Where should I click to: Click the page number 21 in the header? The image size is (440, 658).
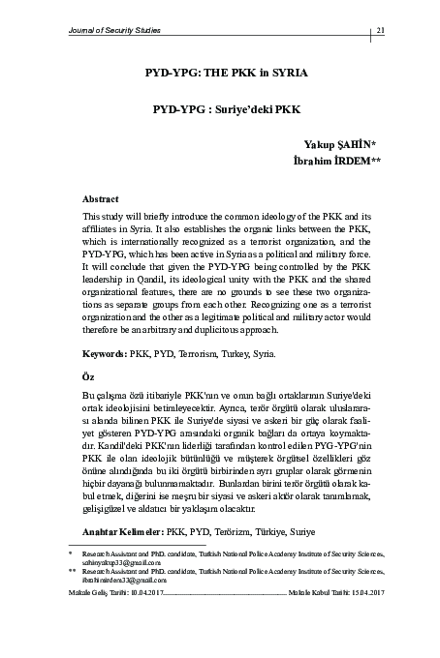[381, 30]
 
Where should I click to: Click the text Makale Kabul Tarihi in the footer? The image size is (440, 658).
[311, 591]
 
